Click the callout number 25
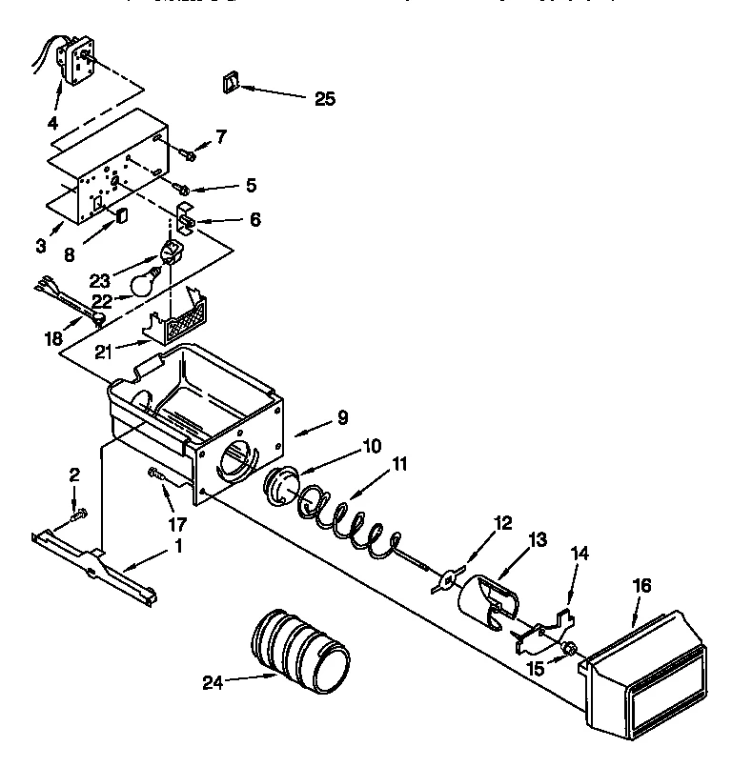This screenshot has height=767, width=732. click(x=324, y=98)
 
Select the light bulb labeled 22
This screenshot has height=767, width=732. click(x=144, y=283)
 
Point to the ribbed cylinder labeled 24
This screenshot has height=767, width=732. click(x=301, y=647)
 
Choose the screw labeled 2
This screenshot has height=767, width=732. click(x=78, y=515)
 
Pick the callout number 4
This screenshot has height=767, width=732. click(x=52, y=122)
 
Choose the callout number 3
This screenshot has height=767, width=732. click(x=40, y=247)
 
